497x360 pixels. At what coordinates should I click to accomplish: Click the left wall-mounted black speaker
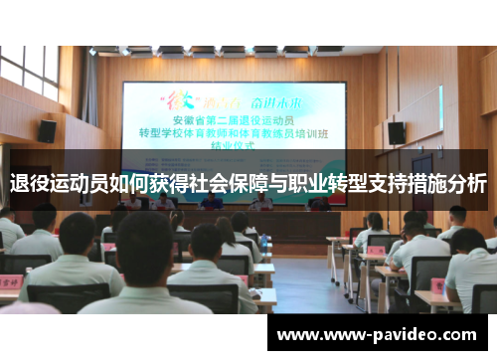point(47,130)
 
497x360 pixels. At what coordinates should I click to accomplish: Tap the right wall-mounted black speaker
point(396,132)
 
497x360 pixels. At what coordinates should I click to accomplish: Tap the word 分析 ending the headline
point(464,184)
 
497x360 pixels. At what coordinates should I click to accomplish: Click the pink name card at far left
point(11,282)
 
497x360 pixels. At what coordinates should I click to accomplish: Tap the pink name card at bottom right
point(439,285)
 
